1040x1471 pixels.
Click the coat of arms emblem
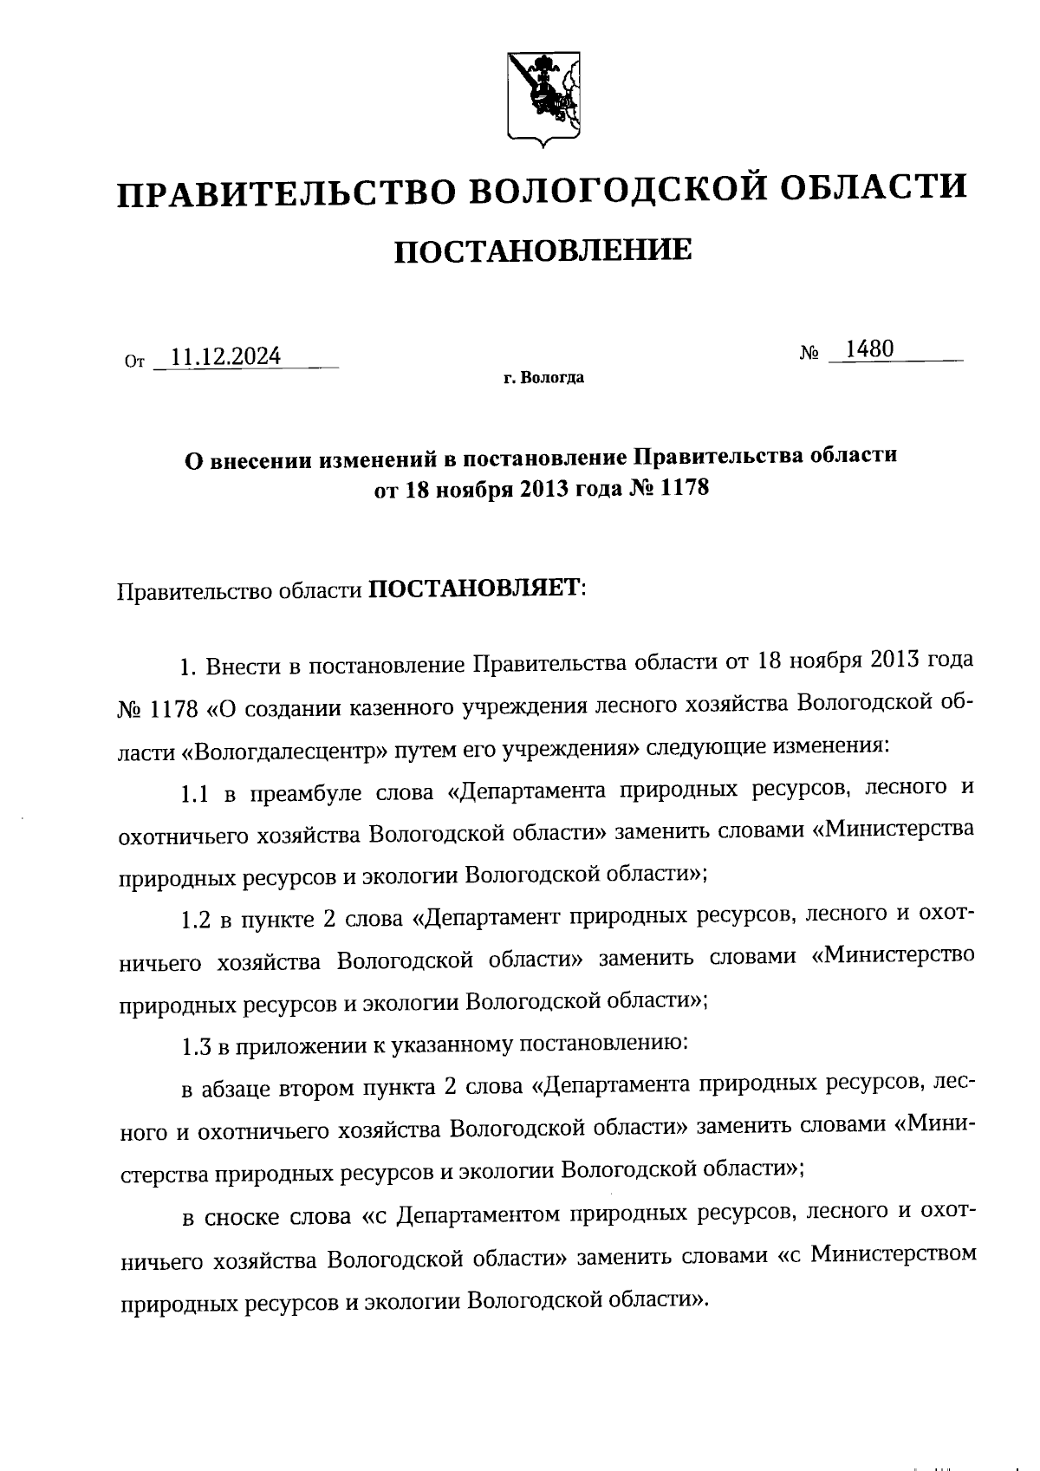(543, 96)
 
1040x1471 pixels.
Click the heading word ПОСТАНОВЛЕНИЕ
(543, 251)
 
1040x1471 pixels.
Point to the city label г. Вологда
(543, 378)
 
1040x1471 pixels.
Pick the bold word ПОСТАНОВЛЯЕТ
(474, 589)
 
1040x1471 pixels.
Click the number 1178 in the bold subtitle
(684, 489)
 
